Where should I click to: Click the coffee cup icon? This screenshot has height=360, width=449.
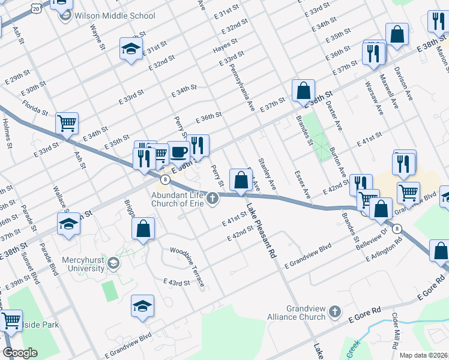click(178, 151)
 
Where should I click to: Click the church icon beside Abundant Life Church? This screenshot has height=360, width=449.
click(212, 198)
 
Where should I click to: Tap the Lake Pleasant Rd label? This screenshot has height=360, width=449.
click(260, 231)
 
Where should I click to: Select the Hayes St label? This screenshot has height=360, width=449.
click(226, 43)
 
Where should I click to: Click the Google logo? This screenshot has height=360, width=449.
click(20, 352)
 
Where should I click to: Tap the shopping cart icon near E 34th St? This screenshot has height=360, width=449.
click(67, 123)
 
